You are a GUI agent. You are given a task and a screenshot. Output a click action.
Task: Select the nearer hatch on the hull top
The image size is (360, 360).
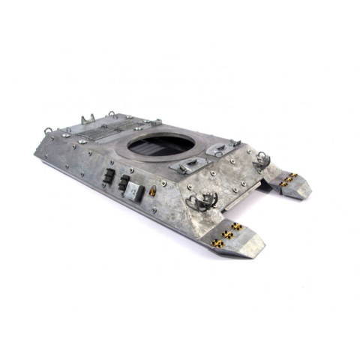(x=185, y=166)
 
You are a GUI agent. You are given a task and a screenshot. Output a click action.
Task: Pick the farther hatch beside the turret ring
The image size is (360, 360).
(x=220, y=148)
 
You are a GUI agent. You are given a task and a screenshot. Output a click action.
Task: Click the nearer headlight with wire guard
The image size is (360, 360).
(x=202, y=199)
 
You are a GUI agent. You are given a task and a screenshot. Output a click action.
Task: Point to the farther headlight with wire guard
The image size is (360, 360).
(x=263, y=158)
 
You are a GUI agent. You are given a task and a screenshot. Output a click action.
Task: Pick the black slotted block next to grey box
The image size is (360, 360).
(x=123, y=184)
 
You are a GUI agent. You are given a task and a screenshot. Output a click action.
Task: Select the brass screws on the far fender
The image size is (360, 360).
(x=288, y=179)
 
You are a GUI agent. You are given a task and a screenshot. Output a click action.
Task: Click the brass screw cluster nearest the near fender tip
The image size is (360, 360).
(x=218, y=242)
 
